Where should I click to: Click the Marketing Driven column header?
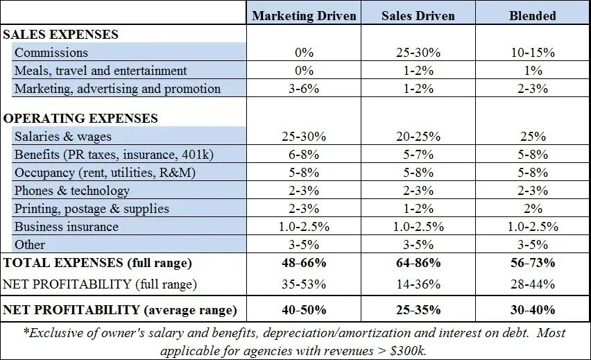click(x=304, y=15)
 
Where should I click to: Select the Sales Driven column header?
click(x=418, y=15)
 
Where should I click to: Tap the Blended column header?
click(x=533, y=15)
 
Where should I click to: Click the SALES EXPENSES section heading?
click(x=61, y=34)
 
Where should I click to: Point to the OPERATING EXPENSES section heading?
click(x=80, y=119)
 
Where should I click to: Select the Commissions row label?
click(x=51, y=53)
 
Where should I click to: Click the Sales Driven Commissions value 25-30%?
click(x=418, y=53)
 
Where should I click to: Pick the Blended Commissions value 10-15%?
click(x=533, y=53)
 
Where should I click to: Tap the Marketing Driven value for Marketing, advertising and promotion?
click(x=304, y=88)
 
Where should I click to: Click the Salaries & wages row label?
click(x=63, y=137)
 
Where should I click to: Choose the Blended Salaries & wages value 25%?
click(x=533, y=137)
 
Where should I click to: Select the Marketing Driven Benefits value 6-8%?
click(x=304, y=155)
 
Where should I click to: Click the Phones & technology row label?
click(x=72, y=191)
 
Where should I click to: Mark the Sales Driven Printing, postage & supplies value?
click(x=418, y=209)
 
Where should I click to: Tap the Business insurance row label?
click(x=67, y=227)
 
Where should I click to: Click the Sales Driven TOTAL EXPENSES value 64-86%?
click(x=418, y=263)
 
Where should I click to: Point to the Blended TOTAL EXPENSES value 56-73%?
click(x=533, y=263)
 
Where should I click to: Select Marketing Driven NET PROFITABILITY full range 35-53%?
click(x=304, y=284)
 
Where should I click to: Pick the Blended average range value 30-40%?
click(x=533, y=309)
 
